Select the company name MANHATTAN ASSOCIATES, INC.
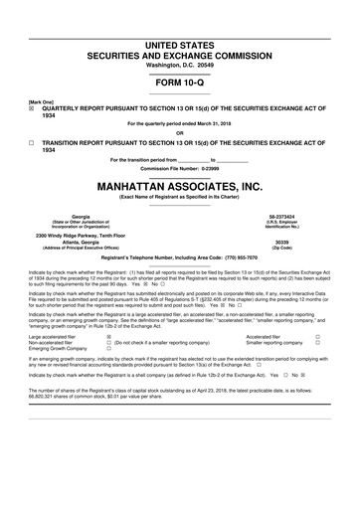pos(179,186)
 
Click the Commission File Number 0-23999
pos(179,168)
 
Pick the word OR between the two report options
pos(179,133)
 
